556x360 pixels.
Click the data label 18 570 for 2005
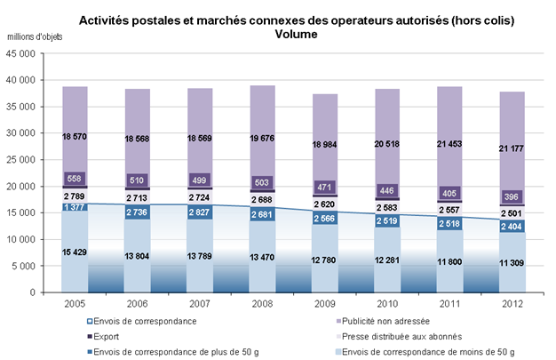coord(74,136)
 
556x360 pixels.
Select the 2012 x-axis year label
coord(512,304)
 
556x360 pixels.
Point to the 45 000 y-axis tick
coord(20,53)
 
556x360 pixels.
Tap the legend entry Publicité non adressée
coord(383,321)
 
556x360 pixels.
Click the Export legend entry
coord(103,337)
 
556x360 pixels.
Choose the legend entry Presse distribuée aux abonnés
coord(399,337)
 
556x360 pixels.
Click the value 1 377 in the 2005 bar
coord(75,206)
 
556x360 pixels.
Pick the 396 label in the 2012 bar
coord(512,196)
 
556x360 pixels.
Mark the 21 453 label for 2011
coord(449,144)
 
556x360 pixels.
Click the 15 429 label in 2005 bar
coord(74,252)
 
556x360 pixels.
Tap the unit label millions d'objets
coord(35,37)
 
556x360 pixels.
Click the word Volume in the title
coord(296,35)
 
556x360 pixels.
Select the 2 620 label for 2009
coord(324,204)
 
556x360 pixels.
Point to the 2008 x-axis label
coord(262,304)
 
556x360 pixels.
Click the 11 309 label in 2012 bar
coord(512,263)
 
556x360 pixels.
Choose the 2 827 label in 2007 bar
coord(199,212)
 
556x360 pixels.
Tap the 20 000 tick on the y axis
coord(20,187)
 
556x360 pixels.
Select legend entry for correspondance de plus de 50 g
coord(173,352)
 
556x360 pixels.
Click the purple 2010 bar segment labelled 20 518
coord(387,143)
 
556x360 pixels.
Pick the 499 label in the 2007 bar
coord(199,180)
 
